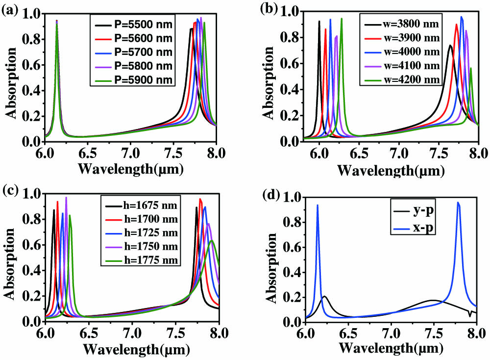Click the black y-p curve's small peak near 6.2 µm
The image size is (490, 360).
point(324,296)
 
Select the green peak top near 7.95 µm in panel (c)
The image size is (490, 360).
point(212,241)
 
